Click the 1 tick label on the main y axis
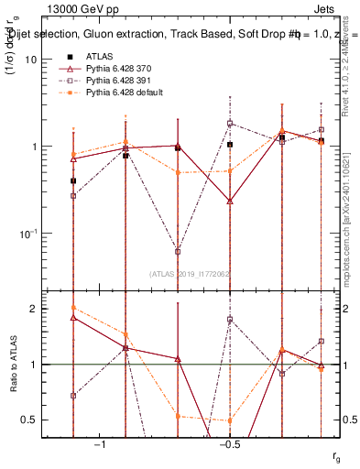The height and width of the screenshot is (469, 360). point(32,147)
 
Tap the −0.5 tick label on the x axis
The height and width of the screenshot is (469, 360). point(229,445)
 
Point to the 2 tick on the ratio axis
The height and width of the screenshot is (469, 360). point(32,309)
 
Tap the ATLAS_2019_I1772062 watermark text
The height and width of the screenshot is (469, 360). point(191,273)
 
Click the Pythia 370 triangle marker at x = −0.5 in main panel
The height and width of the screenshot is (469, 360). point(230,200)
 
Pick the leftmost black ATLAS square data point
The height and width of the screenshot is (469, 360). point(73,180)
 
